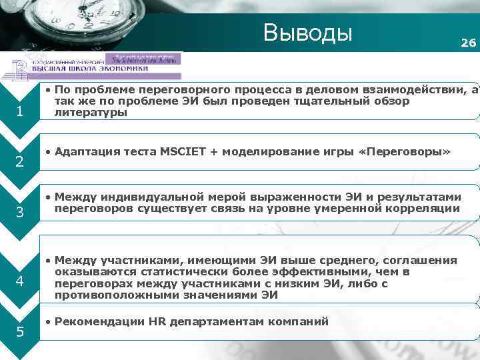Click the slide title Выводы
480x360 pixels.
click(307, 31)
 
